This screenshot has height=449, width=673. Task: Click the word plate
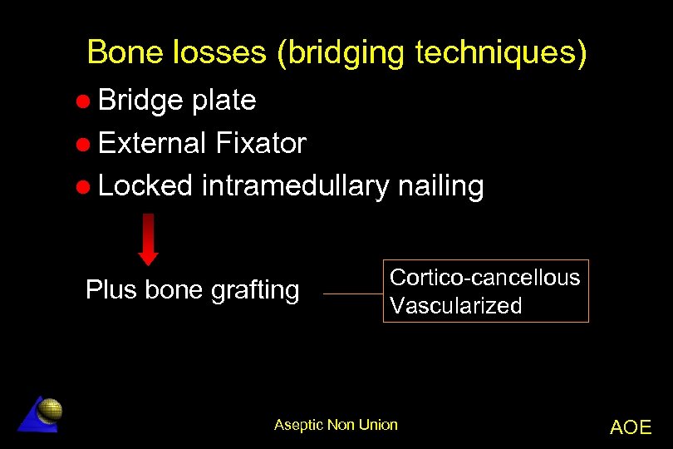coord(224,101)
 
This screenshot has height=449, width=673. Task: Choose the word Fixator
coord(260,144)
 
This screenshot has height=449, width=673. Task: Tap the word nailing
coord(440,186)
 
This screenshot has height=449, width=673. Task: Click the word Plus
coord(112,289)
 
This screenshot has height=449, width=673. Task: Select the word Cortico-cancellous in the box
coord(485,277)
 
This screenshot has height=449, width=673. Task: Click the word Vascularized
coord(456,305)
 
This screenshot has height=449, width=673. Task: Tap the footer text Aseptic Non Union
coord(336,425)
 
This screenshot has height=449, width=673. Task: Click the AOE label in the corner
coord(631,427)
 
